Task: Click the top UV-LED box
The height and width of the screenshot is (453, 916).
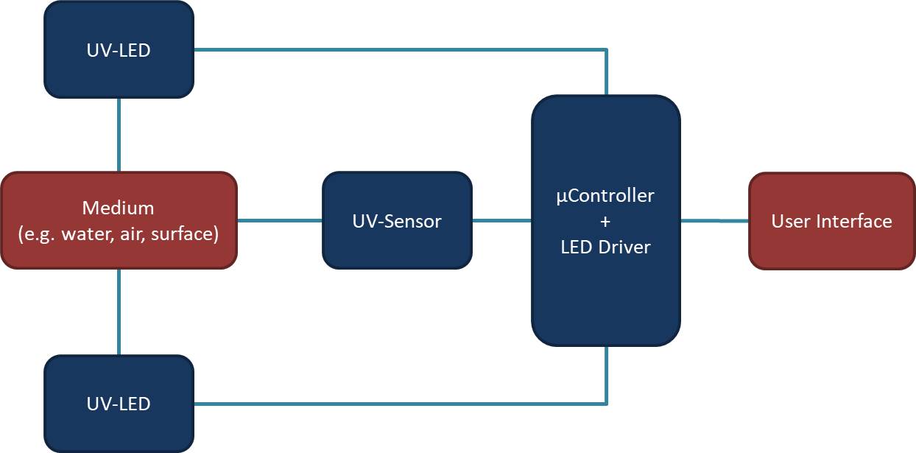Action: [119, 50]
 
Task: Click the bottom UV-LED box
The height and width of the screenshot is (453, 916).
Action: [119, 404]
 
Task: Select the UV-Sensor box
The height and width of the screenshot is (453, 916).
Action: [397, 220]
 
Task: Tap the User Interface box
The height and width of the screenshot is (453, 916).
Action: [831, 221]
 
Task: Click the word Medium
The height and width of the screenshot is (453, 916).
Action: [119, 208]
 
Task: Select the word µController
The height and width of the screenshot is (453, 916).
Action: [605, 196]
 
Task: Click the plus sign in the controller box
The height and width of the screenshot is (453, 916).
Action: [605, 221]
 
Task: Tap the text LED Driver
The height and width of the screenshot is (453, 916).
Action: [605, 247]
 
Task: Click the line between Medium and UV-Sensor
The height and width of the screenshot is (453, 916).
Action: [280, 220]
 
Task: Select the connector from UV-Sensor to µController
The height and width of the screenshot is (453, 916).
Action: [501, 220]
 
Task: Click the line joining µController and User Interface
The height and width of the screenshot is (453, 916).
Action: [714, 220]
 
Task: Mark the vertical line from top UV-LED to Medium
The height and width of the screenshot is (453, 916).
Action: [119, 135]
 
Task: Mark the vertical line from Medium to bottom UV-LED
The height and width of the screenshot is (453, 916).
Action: [119, 312]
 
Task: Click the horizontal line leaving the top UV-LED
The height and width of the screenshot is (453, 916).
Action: [398, 50]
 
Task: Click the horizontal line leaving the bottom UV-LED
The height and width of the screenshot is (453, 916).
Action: [398, 404]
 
